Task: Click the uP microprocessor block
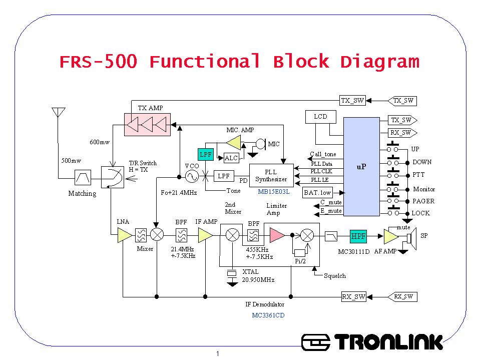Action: click(361, 167)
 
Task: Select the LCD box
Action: click(320, 117)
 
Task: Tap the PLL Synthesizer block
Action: click(271, 176)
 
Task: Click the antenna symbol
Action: click(59, 112)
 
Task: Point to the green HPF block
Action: click(358, 236)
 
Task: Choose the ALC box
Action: click(231, 158)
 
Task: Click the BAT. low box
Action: click(318, 192)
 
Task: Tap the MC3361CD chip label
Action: click(268, 315)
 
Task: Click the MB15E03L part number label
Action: click(274, 191)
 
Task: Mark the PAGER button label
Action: click(423, 201)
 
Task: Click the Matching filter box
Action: click(82, 177)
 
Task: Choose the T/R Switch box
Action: click(112, 177)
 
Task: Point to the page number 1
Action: click(218, 354)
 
